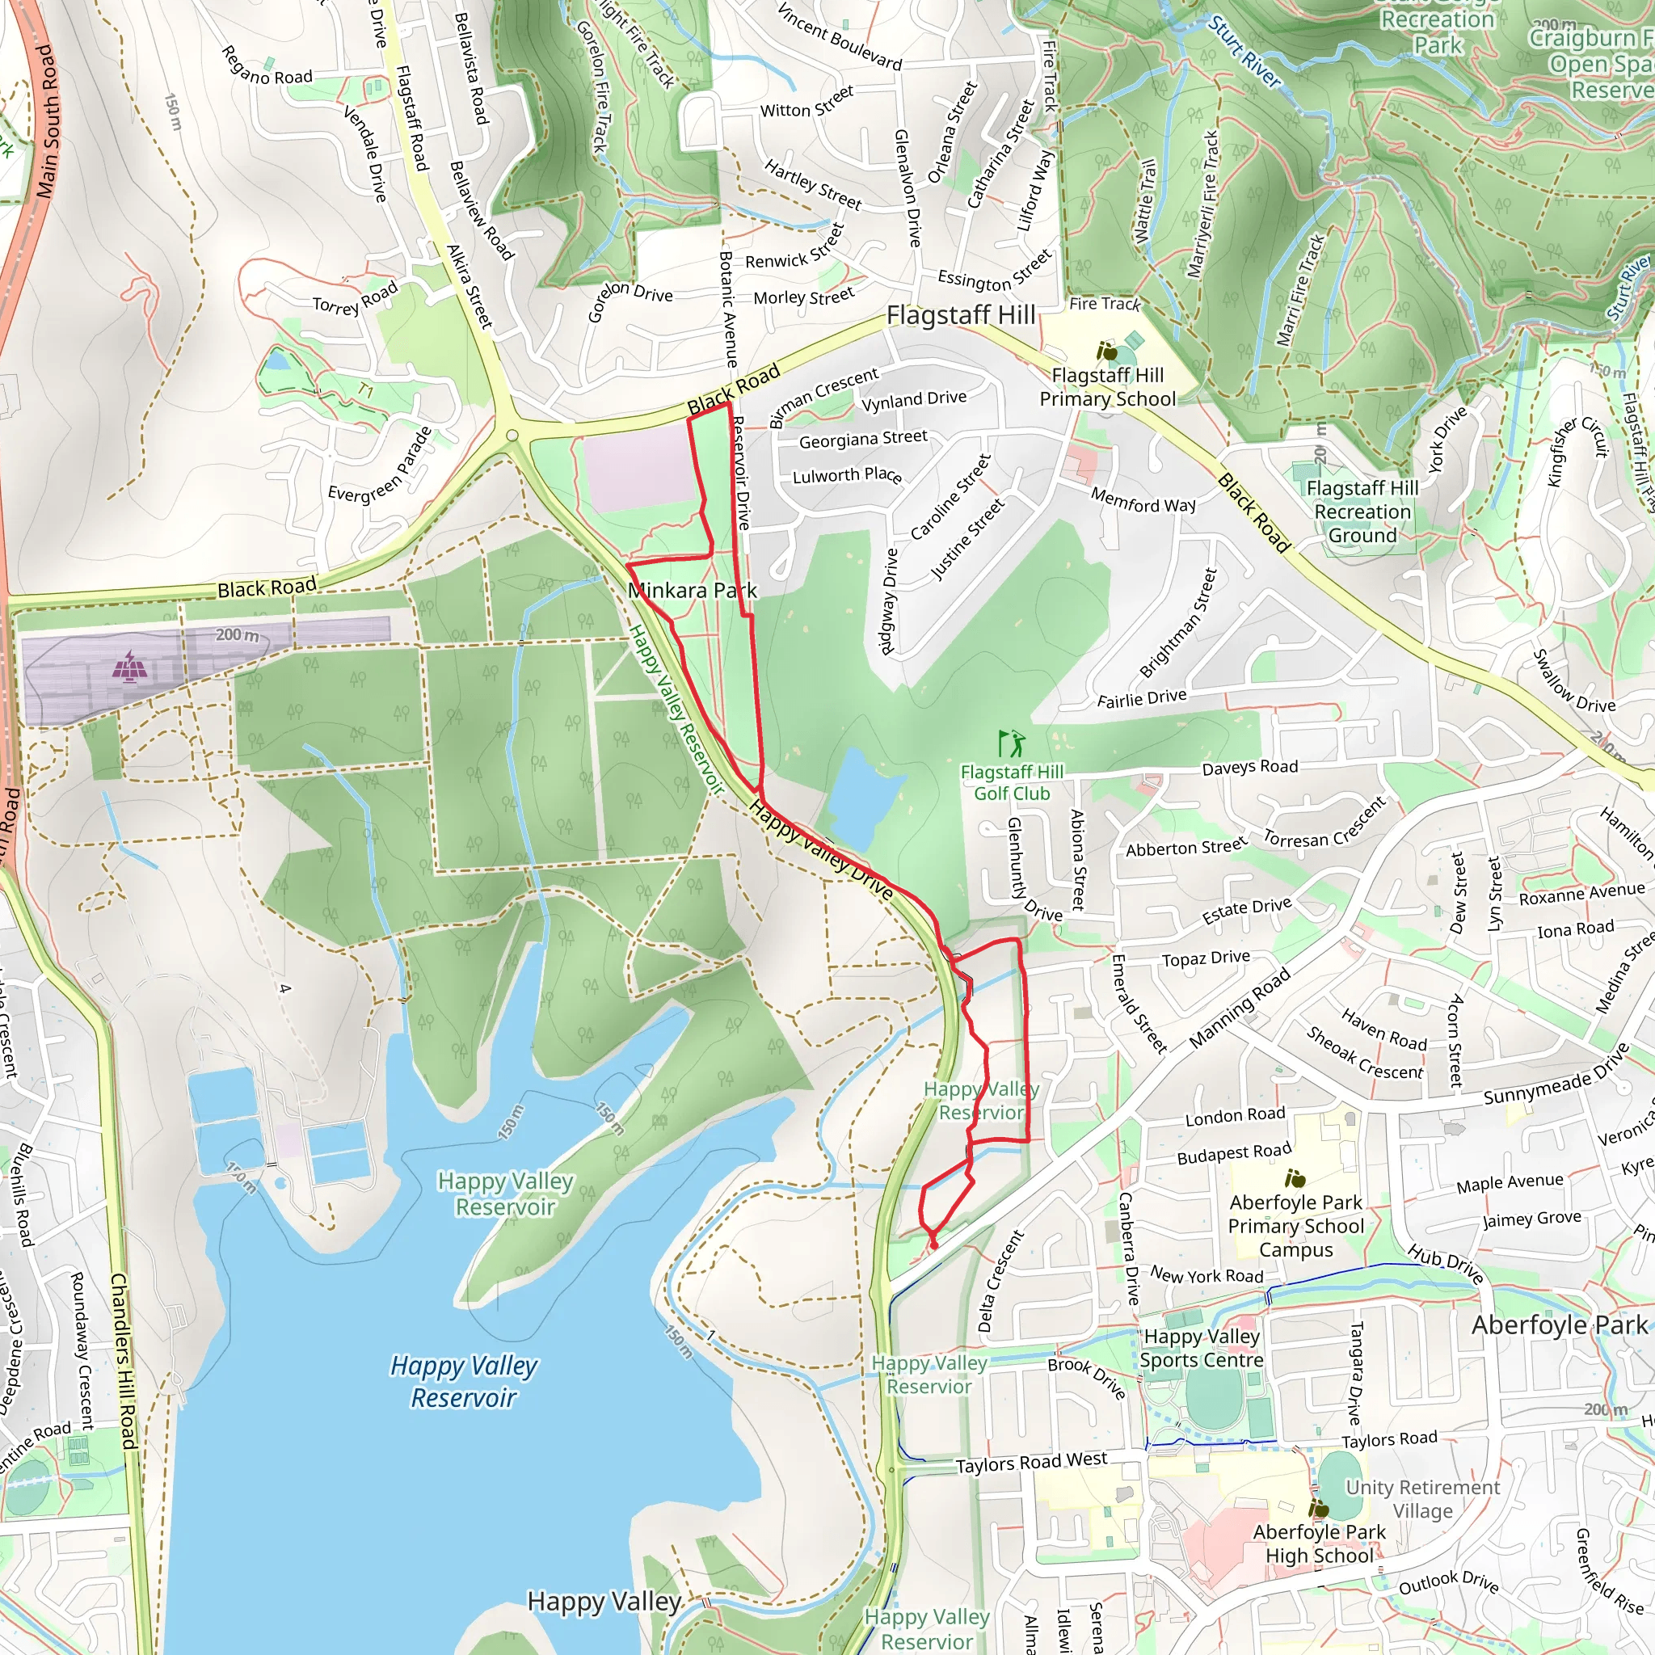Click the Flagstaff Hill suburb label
960,315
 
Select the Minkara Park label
693,590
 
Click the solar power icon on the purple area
129,666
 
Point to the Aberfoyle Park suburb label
1559,1325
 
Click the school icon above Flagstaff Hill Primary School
1107,352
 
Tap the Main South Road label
48,122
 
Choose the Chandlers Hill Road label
124,1361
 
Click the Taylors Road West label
1031,1462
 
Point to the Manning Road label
1240,1009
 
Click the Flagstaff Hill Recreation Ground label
1362,512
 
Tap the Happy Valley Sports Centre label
1201,1349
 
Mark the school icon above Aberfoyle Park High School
1318,1508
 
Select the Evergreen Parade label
381,465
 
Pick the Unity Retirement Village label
1422,1498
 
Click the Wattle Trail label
1145,201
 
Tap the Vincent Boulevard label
840,36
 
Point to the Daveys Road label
1249,768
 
